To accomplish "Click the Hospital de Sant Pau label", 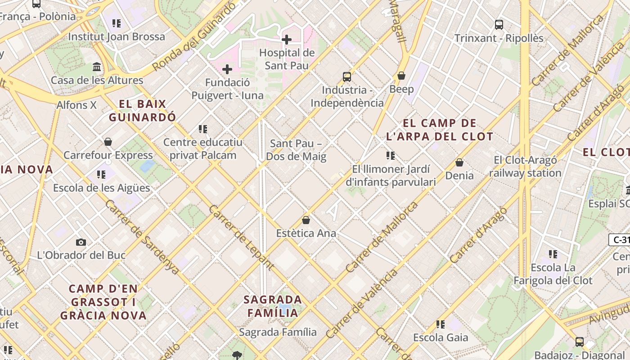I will (287, 59).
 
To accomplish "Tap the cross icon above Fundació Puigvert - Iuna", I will (227, 69).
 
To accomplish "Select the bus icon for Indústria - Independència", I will (346, 76).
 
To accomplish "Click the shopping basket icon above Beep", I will (401, 76).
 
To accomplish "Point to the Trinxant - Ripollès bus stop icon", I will (499, 25).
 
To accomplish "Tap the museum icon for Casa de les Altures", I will (96, 67).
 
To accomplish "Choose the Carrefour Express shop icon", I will (108, 142).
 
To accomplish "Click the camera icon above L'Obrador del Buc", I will (81, 243).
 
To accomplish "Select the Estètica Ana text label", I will (306, 233).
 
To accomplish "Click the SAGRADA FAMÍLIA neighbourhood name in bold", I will (273, 306).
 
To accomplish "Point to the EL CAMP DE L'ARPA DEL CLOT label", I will (439, 130).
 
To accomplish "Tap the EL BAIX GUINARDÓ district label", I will (143, 111).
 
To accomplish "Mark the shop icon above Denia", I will (459, 162).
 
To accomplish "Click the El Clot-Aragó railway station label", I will (525, 166).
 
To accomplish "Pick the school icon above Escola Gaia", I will (440, 324).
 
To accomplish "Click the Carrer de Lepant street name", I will (241, 238).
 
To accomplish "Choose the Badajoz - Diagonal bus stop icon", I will (579, 342).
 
